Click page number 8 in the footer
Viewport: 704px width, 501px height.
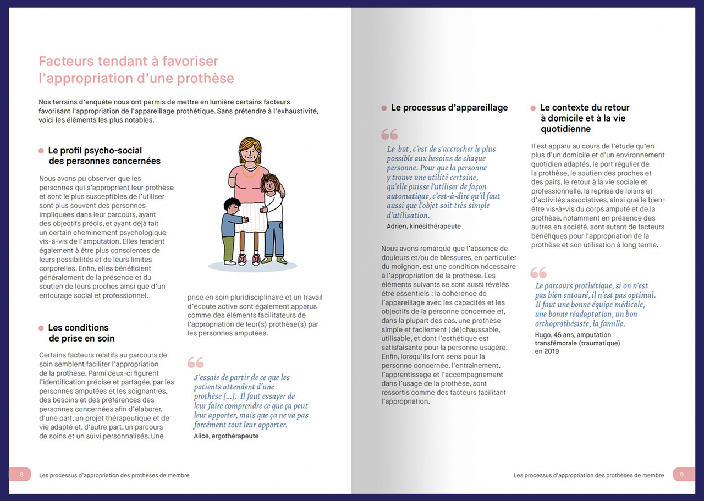21,475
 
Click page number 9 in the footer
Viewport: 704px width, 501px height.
682,475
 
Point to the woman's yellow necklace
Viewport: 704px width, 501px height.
250,171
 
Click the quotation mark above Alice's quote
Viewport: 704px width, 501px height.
195,362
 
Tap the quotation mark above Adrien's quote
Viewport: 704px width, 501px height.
389,134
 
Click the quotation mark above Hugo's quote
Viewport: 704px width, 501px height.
538,272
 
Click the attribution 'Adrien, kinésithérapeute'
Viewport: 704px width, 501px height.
424,226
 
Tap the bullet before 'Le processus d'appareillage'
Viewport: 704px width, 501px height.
384,108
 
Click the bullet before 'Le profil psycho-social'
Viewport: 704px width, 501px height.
41,151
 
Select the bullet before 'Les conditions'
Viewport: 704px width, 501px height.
41,328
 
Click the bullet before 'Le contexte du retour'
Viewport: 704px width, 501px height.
533,108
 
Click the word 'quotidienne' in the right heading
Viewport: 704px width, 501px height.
565,129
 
